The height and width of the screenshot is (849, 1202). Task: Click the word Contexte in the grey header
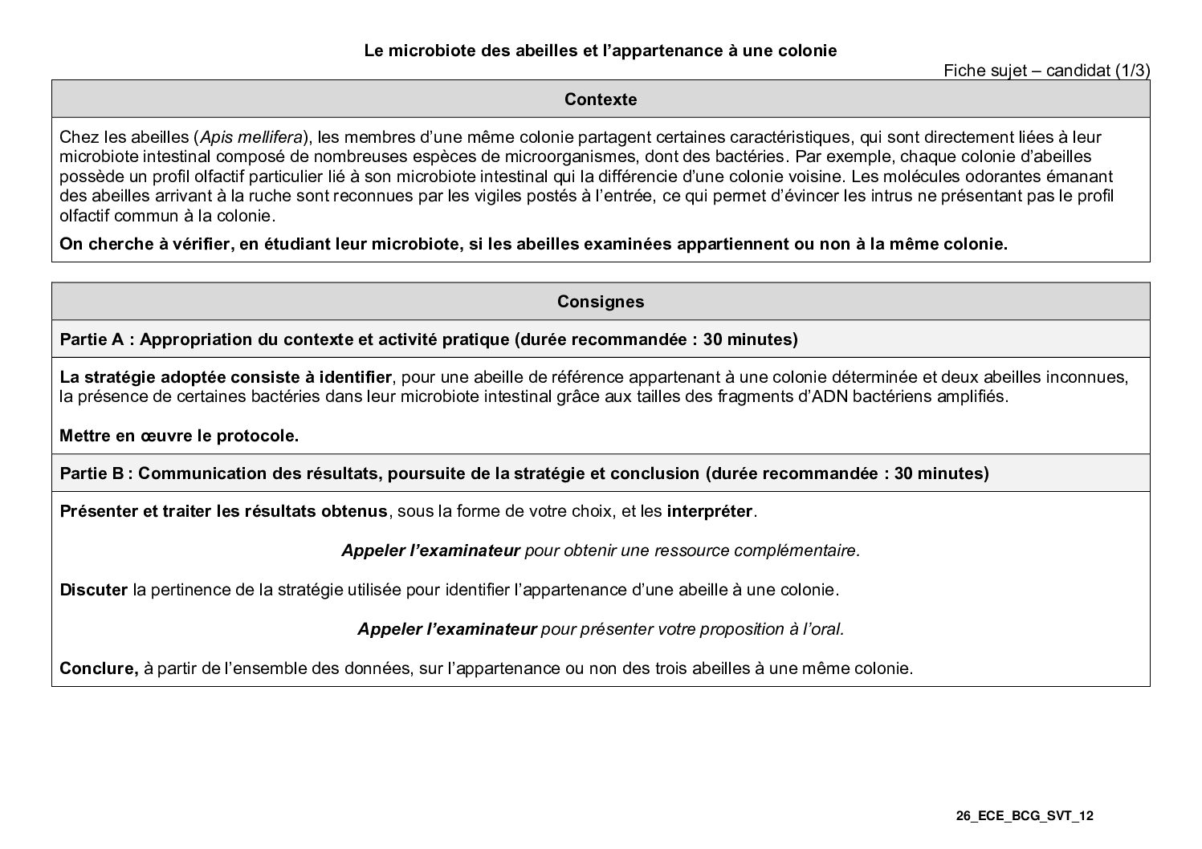pyautogui.click(x=601, y=100)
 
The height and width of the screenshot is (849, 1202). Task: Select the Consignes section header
pyautogui.click(x=601, y=302)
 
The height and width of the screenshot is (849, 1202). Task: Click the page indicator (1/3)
pyautogui.click(x=1132, y=71)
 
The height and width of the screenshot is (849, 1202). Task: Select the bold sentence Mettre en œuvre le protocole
pyautogui.click(x=179, y=436)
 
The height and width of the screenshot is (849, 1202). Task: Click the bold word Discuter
pyautogui.click(x=93, y=590)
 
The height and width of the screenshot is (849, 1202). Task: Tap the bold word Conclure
pyautogui.click(x=99, y=668)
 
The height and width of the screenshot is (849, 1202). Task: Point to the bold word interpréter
pyautogui.click(x=710, y=511)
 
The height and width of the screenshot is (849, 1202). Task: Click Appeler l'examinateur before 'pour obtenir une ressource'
pyautogui.click(x=430, y=550)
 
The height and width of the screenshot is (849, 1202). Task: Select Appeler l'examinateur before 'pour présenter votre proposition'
pyautogui.click(x=446, y=628)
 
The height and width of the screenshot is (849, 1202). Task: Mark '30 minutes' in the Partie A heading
pyautogui.click(x=750, y=339)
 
